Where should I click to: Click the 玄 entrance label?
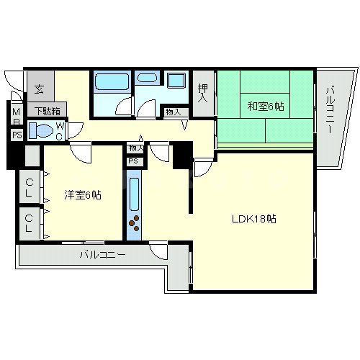pos(38,91)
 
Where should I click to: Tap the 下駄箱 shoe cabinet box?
pos(48,110)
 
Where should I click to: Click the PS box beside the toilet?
pos(16,135)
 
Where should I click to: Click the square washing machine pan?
pos(176,80)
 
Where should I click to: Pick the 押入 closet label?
pos(204,92)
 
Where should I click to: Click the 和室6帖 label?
pos(266,107)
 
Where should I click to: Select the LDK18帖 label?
pos(253,219)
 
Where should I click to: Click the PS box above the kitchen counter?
pos(134,161)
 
